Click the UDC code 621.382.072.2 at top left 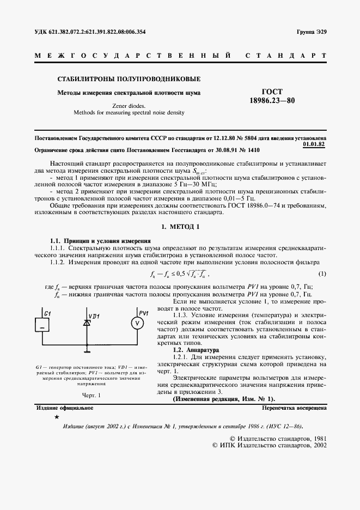[x=90, y=32]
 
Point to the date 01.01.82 [x=314, y=145]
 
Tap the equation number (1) [x=322, y=273]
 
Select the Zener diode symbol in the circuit [x=86, y=323]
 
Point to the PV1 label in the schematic [x=144, y=312]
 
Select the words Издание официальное [x=64, y=408]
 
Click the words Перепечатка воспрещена [x=294, y=408]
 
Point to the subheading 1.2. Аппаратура [x=196, y=350]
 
